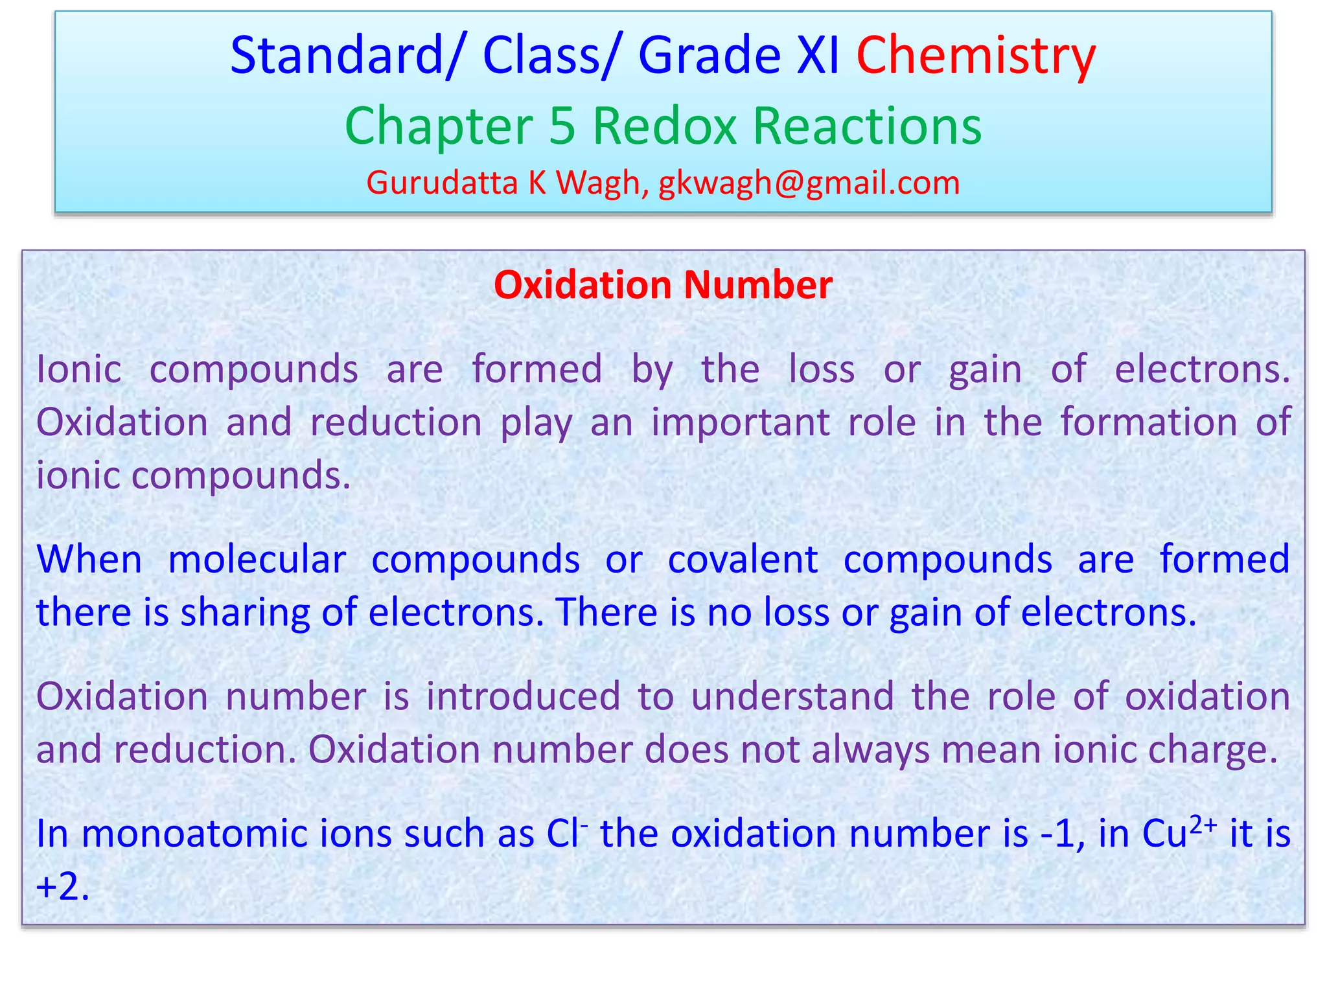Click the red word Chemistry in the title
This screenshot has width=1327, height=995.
(976, 56)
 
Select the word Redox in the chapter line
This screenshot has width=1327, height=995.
(664, 126)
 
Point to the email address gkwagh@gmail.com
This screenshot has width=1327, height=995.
(809, 183)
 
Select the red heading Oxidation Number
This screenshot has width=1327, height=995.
(663, 285)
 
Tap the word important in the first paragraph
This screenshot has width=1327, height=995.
(740, 422)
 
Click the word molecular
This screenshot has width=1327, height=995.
(257, 559)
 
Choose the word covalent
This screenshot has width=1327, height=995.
(743, 559)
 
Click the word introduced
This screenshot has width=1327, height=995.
(523, 696)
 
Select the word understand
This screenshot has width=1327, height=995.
(792, 696)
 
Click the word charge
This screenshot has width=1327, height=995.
(1212, 750)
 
